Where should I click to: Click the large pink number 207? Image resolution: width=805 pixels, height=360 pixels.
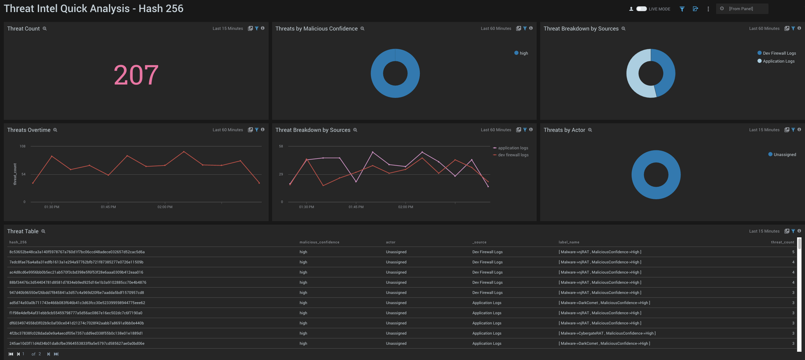click(136, 75)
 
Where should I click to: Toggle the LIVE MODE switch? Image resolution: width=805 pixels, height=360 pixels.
click(641, 9)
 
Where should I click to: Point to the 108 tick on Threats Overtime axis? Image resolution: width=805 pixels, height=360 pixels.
click(23, 146)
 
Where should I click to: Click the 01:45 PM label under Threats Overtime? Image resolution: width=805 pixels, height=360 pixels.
click(108, 207)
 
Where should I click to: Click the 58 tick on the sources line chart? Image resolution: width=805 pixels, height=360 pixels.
click(281, 146)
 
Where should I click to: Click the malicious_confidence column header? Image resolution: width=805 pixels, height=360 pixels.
click(319, 242)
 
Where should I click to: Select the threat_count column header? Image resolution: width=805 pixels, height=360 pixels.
click(782, 242)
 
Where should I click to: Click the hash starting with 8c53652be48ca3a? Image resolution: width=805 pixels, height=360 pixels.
click(77, 252)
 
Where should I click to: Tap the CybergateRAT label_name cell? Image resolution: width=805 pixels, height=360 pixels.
click(607, 333)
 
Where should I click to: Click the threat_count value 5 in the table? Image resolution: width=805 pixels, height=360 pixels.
click(793, 252)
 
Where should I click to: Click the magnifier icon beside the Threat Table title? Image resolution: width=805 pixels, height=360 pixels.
click(44, 231)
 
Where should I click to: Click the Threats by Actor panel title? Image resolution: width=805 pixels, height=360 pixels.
click(564, 130)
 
